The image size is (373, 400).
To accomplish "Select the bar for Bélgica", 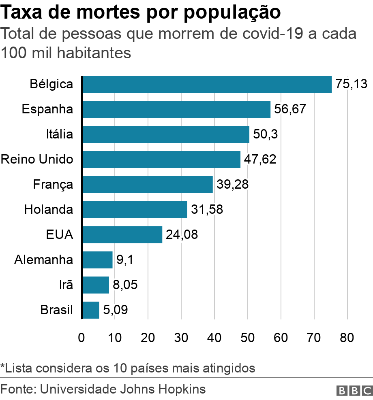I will click(207, 84).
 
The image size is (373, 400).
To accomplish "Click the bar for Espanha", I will click(176, 109).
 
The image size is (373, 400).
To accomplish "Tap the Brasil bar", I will click(91, 310).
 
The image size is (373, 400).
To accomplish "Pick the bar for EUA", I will click(122, 235).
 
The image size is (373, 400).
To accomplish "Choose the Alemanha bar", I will click(97, 260).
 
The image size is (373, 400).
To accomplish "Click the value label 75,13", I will click(351, 84).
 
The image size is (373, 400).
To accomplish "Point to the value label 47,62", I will click(260, 160).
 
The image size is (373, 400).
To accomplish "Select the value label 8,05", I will click(125, 285).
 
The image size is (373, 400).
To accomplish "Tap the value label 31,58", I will click(207, 210).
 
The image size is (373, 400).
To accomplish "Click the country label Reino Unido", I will click(37, 160).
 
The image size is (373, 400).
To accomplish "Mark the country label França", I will click(53, 185).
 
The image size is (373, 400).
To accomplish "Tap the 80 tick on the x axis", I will click(347, 338).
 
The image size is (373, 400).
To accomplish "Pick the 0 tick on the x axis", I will click(82, 338).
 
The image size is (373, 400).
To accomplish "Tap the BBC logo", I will click(354, 391).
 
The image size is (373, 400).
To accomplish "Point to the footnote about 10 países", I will click(128, 368).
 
